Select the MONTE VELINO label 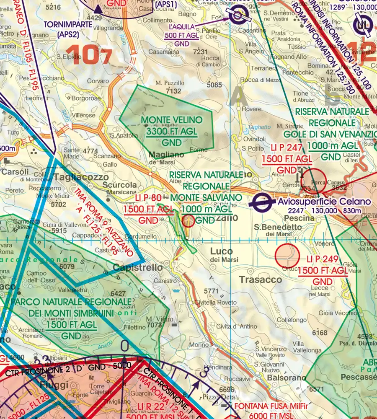point(172,120)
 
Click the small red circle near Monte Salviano point(189,221)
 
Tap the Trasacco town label point(260,279)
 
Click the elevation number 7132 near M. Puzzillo point(173,91)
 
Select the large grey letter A point(238,98)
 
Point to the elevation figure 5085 point(214,85)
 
